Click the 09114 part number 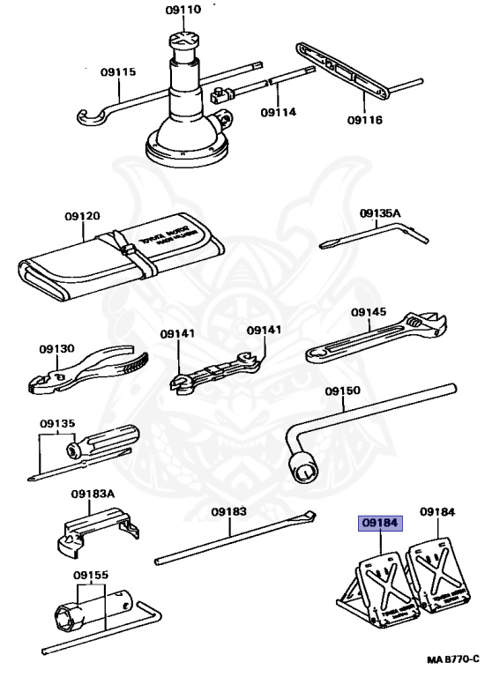pyautogui.click(x=278, y=112)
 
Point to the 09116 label pyautogui.click(x=364, y=120)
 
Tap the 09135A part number pyautogui.click(x=380, y=213)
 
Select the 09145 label pyautogui.click(x=368, y=312)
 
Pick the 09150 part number pyautogui.click(x=342, y=391)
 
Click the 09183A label pyautogui.click(x=93, y=494)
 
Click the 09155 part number pyautogui.click(x=91, y=576)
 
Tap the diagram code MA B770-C pyautogui.click(x=453, y=659)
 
